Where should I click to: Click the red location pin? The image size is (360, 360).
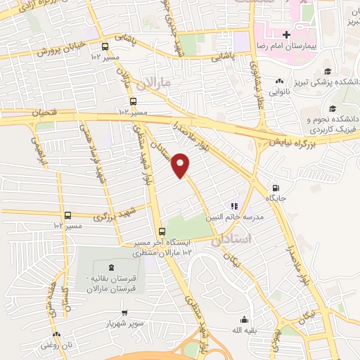point(181,165)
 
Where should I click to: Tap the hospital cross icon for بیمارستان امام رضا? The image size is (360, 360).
point(285,34)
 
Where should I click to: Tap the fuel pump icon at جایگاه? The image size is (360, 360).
point(274,188)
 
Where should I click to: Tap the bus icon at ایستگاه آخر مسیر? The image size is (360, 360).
point(162,231)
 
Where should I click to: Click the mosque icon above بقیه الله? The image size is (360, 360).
point(243,319)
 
